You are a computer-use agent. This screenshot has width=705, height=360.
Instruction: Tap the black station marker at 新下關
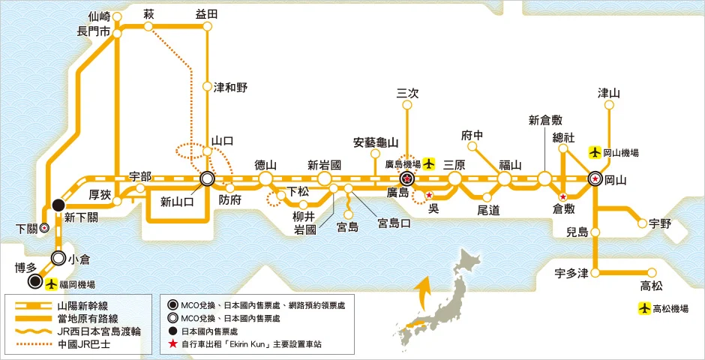(58, 204)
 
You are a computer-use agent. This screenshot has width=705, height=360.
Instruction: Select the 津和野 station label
(230, 87)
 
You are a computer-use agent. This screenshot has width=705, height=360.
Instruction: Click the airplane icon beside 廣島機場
(428, 162)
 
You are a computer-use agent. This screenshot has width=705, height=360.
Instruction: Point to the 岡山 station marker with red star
(595, 179)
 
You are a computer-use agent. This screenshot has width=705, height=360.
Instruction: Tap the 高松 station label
(651, 285)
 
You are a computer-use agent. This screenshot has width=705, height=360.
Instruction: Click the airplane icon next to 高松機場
(643, 308)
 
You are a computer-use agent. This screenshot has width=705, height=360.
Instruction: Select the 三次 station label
(407, 93)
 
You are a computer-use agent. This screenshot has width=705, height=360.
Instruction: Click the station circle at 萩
(148, 26)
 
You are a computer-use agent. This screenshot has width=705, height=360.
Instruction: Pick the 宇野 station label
(659, 223)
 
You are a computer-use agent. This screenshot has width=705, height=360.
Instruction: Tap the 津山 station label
(608, 93)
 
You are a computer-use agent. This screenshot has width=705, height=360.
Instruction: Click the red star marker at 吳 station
(429, 196)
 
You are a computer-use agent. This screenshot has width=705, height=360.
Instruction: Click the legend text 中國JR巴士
(82, 345)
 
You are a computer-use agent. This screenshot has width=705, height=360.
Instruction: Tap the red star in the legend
(174, 345)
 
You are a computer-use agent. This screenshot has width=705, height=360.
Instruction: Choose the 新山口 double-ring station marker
(207, 179)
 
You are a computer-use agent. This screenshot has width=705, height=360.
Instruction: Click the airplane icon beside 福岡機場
(51, 284)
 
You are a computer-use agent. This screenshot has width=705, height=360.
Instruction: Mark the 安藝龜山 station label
(376, 142)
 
